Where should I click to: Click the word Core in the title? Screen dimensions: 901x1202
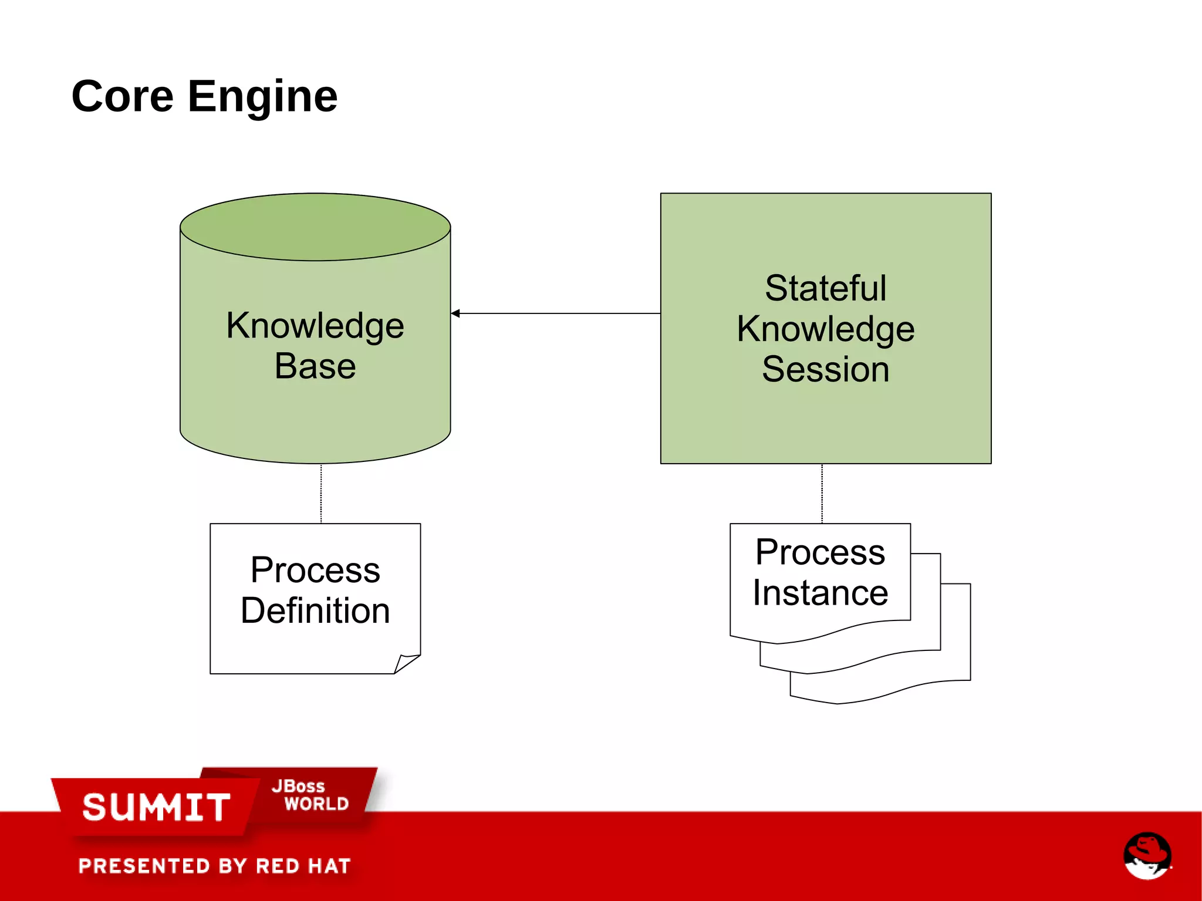[123, 97]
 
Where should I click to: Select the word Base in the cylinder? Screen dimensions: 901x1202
[315, 366]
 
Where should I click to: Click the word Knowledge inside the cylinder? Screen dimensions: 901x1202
[315, 326]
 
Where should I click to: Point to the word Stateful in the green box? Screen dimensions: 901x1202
[825, 288]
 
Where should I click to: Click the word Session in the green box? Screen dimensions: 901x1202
[825, 369]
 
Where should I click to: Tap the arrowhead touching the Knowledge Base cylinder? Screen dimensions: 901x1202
[456, 313]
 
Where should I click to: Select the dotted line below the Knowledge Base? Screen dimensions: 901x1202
[321, 493]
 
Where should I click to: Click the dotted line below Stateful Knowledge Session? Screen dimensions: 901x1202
[822, 493]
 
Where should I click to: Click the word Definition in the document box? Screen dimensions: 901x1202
[315, 610]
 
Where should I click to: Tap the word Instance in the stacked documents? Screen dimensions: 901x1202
[820, 592]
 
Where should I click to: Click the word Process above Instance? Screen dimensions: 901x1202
[820, 552]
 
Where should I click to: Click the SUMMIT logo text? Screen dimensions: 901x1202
[156, 807]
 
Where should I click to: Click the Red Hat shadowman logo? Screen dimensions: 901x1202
[1147, 856]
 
